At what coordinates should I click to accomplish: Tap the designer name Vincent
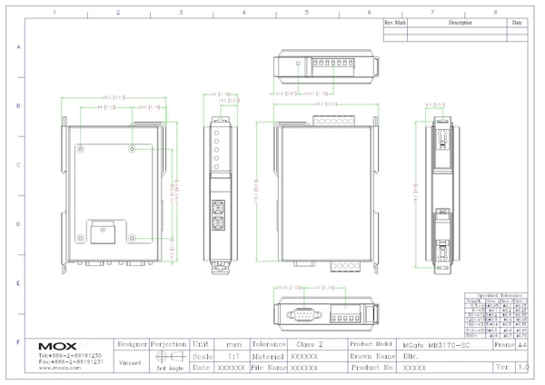click(130, 362)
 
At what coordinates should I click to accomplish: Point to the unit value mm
click(233, 345)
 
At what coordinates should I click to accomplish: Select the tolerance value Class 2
click(310, 345)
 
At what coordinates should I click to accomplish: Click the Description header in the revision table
click(460, 22)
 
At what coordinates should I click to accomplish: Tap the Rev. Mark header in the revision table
click(395, 22)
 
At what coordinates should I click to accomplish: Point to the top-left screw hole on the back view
click(82, 148)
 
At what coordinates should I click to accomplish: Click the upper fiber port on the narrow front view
click(218, 204)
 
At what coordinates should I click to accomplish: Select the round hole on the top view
click(298, 64)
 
